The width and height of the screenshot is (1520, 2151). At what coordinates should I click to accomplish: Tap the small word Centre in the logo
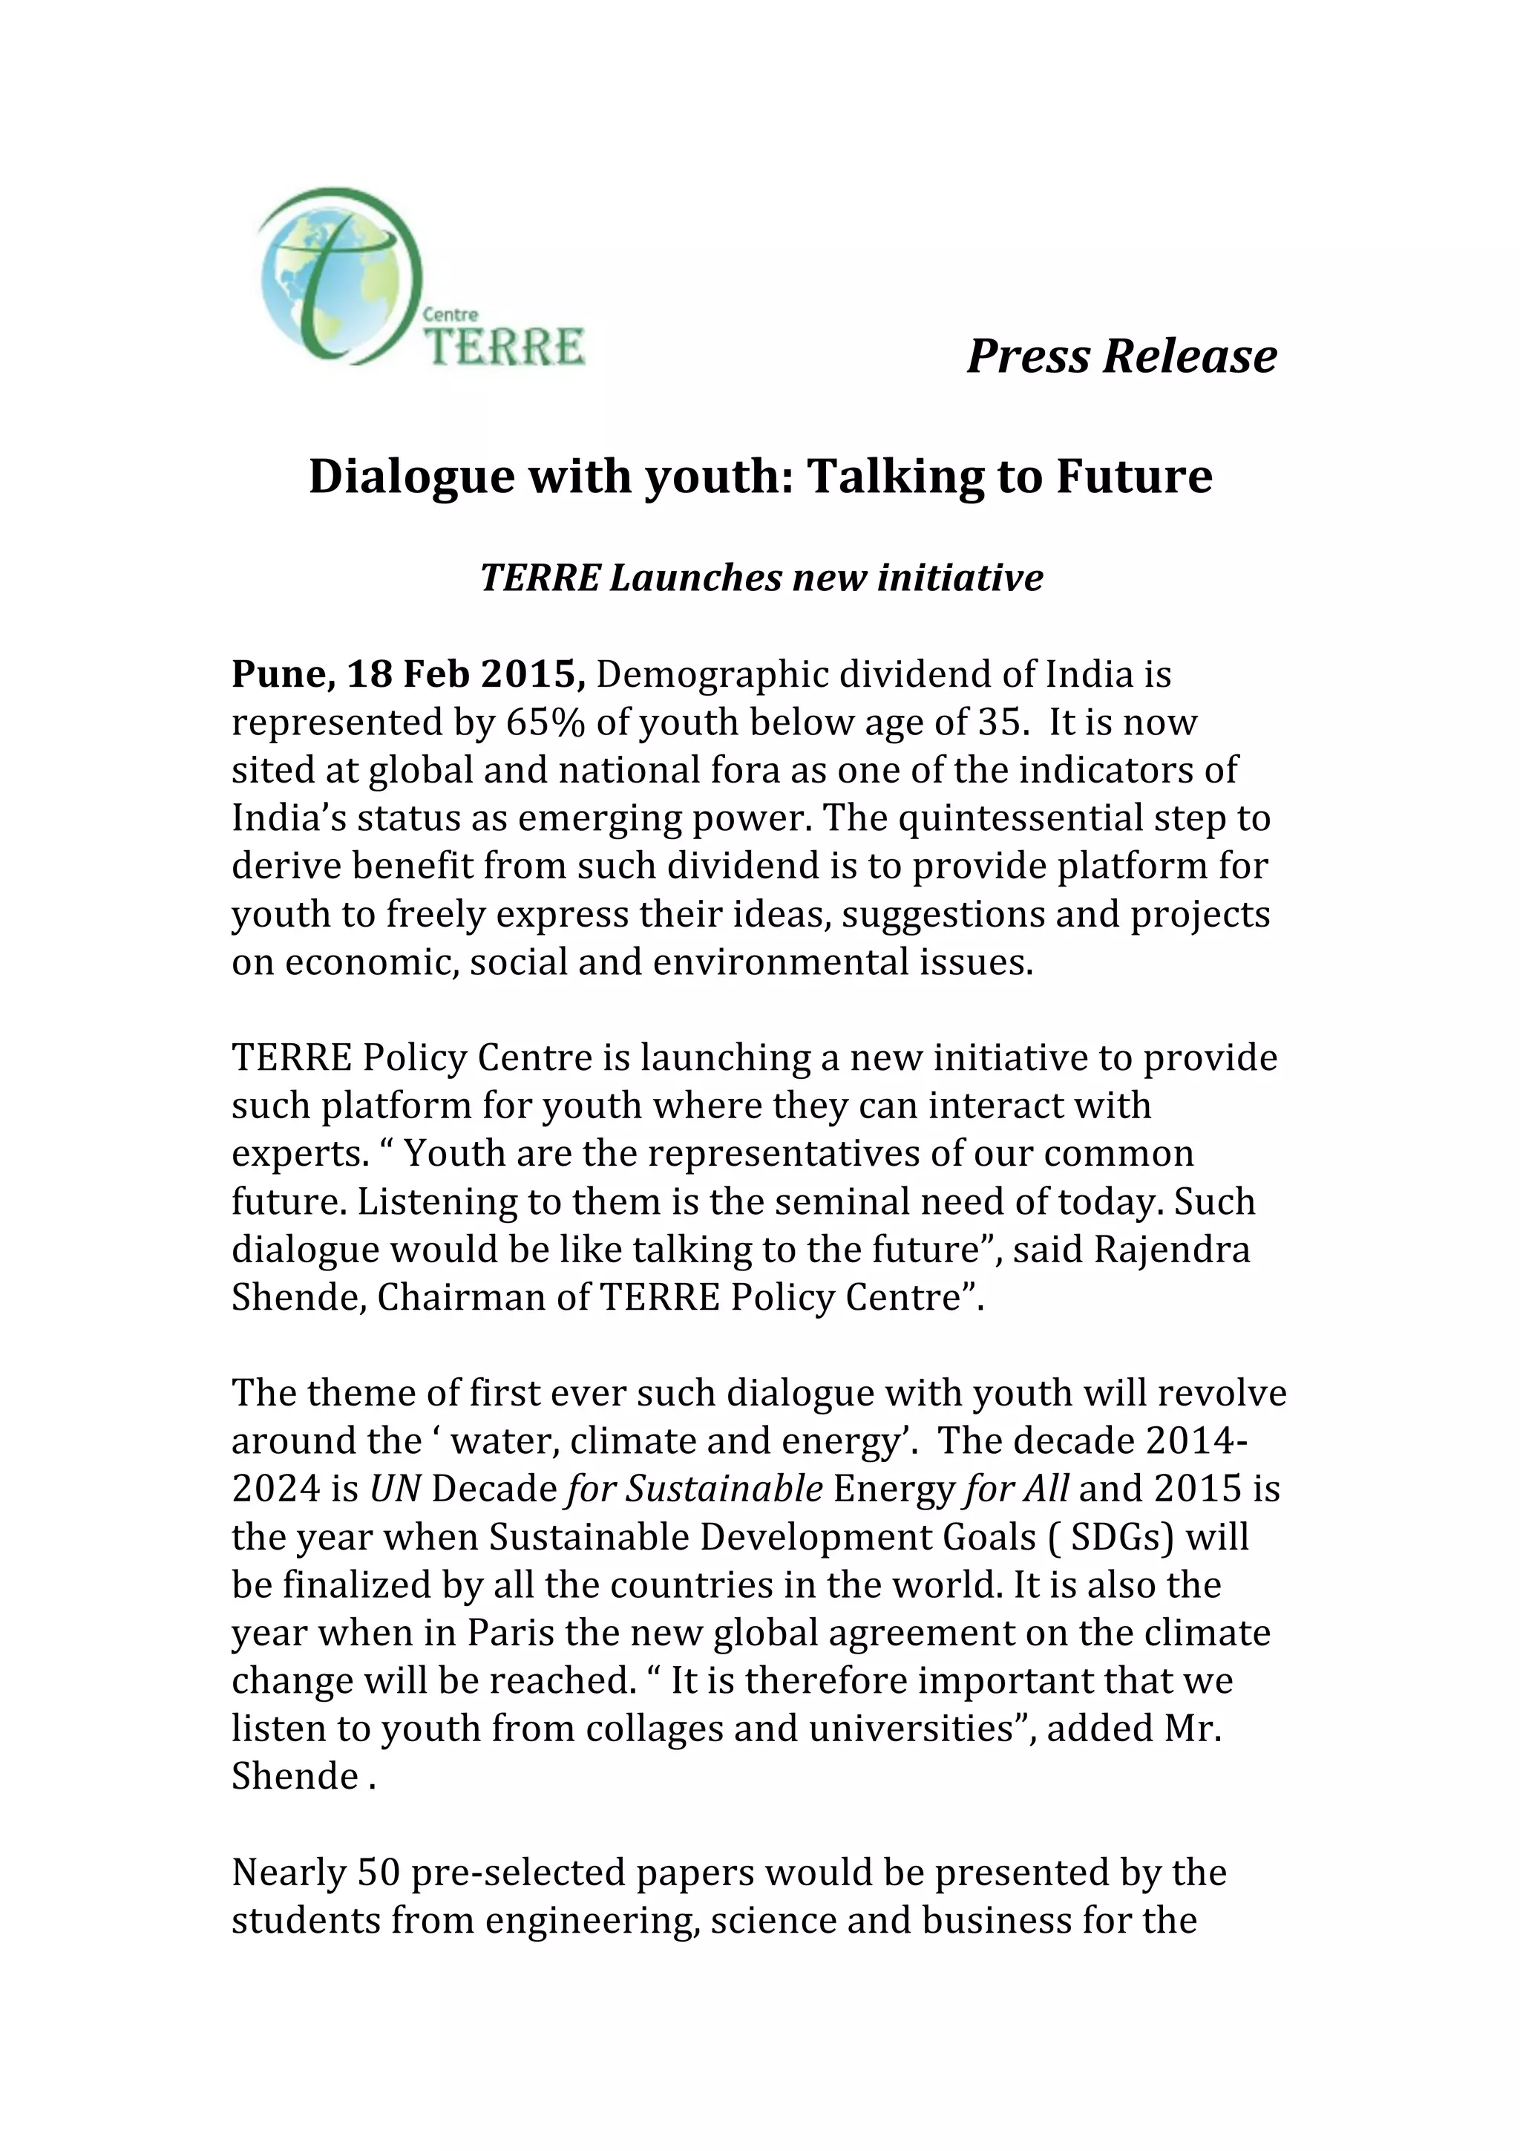(451, 316)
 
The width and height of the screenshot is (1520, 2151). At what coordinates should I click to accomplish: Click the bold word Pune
(283, 674)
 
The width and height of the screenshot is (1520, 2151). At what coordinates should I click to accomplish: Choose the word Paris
(511, 1633)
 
